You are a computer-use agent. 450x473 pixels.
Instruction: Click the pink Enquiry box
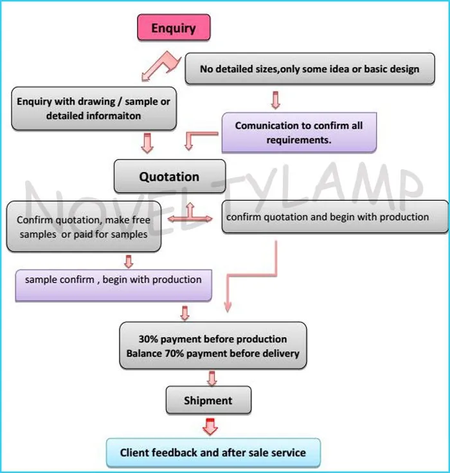(x=174, y=28)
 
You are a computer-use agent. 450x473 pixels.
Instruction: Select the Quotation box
(x=170, y=176)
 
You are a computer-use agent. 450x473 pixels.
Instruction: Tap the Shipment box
(x=208, y=400)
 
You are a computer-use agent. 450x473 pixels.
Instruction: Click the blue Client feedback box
(x=213, y=452)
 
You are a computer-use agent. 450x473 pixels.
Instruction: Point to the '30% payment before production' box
(x=213, y=346)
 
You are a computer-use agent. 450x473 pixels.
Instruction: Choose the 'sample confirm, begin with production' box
(x=114, y=285)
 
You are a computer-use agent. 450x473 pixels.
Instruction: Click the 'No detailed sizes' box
(x=310, y=68)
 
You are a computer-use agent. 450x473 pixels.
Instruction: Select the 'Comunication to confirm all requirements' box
(x=300, y=133)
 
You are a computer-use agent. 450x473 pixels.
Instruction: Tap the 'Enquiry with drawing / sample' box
(x=94, y=109)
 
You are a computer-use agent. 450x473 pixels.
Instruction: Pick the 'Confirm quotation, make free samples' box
(x=84, y=227)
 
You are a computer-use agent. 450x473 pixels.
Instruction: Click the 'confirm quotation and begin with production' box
(x=335, y=217)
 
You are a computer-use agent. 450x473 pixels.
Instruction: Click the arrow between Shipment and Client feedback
(x=210, y=427)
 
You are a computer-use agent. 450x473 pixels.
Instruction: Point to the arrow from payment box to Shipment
(x=212, y=378)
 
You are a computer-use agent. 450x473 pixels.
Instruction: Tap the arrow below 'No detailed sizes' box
(x=276, y=100)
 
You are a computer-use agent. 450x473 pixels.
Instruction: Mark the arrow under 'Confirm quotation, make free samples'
(x=129, y=261)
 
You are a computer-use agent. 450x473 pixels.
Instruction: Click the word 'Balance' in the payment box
(x=144, y=353)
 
